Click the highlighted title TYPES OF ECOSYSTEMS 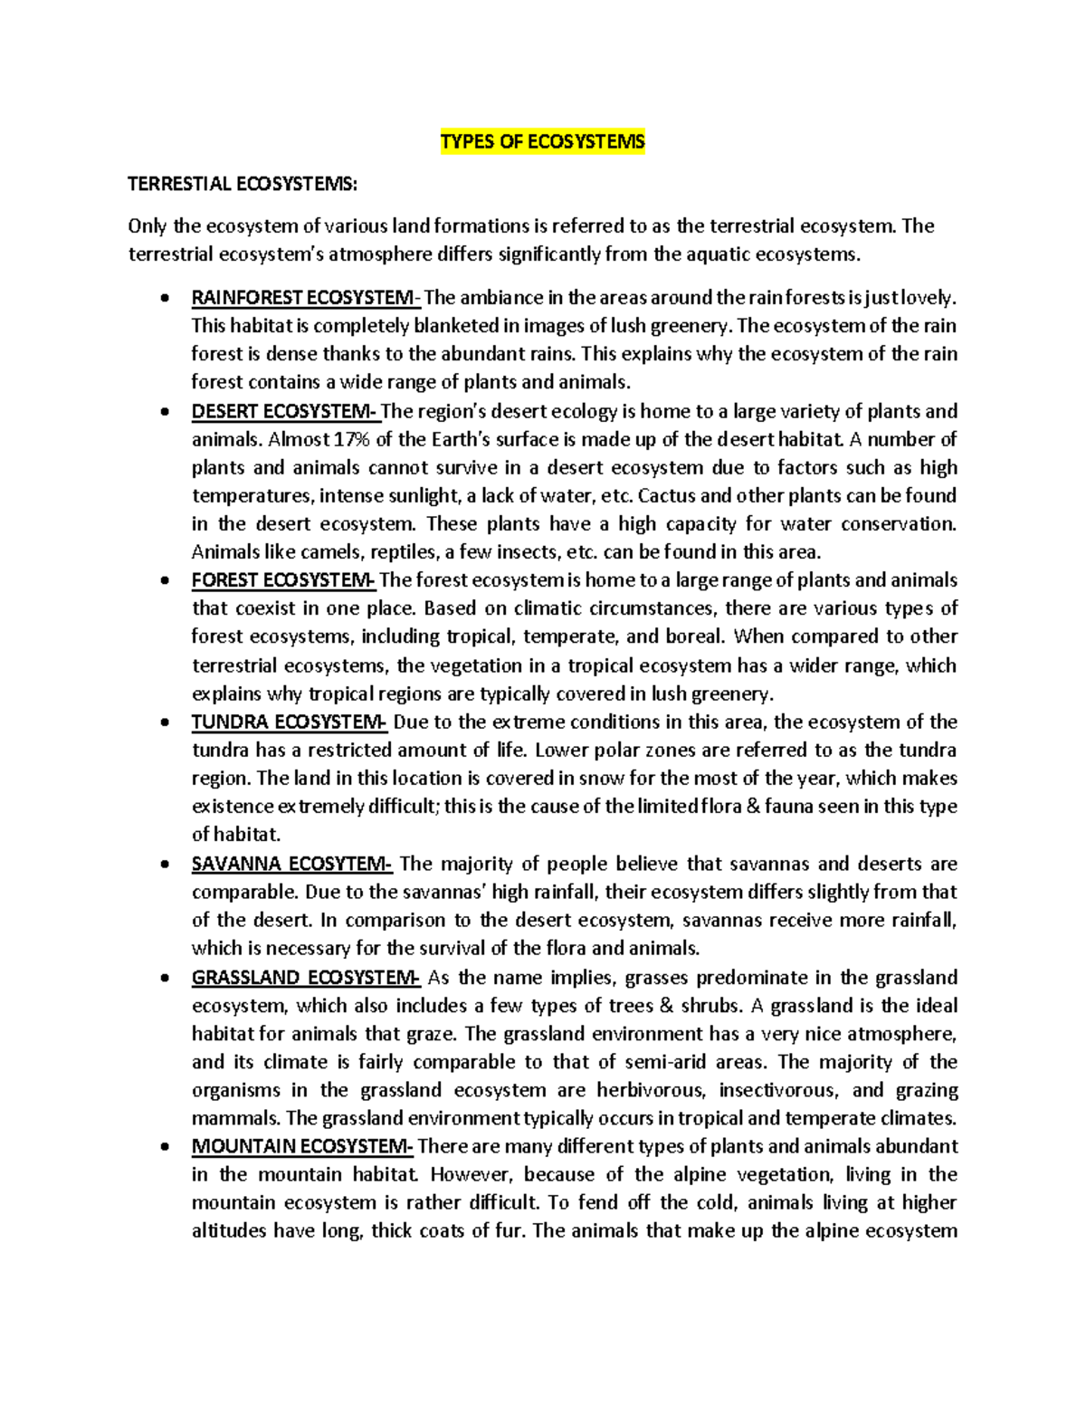542,142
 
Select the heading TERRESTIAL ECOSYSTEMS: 243,185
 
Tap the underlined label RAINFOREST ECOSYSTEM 305,298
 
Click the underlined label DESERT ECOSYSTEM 284,412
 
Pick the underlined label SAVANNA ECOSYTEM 291,864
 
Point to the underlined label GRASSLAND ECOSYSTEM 305,978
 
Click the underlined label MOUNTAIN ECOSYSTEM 302,1147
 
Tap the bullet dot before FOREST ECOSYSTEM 163,581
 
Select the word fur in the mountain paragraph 510,1231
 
